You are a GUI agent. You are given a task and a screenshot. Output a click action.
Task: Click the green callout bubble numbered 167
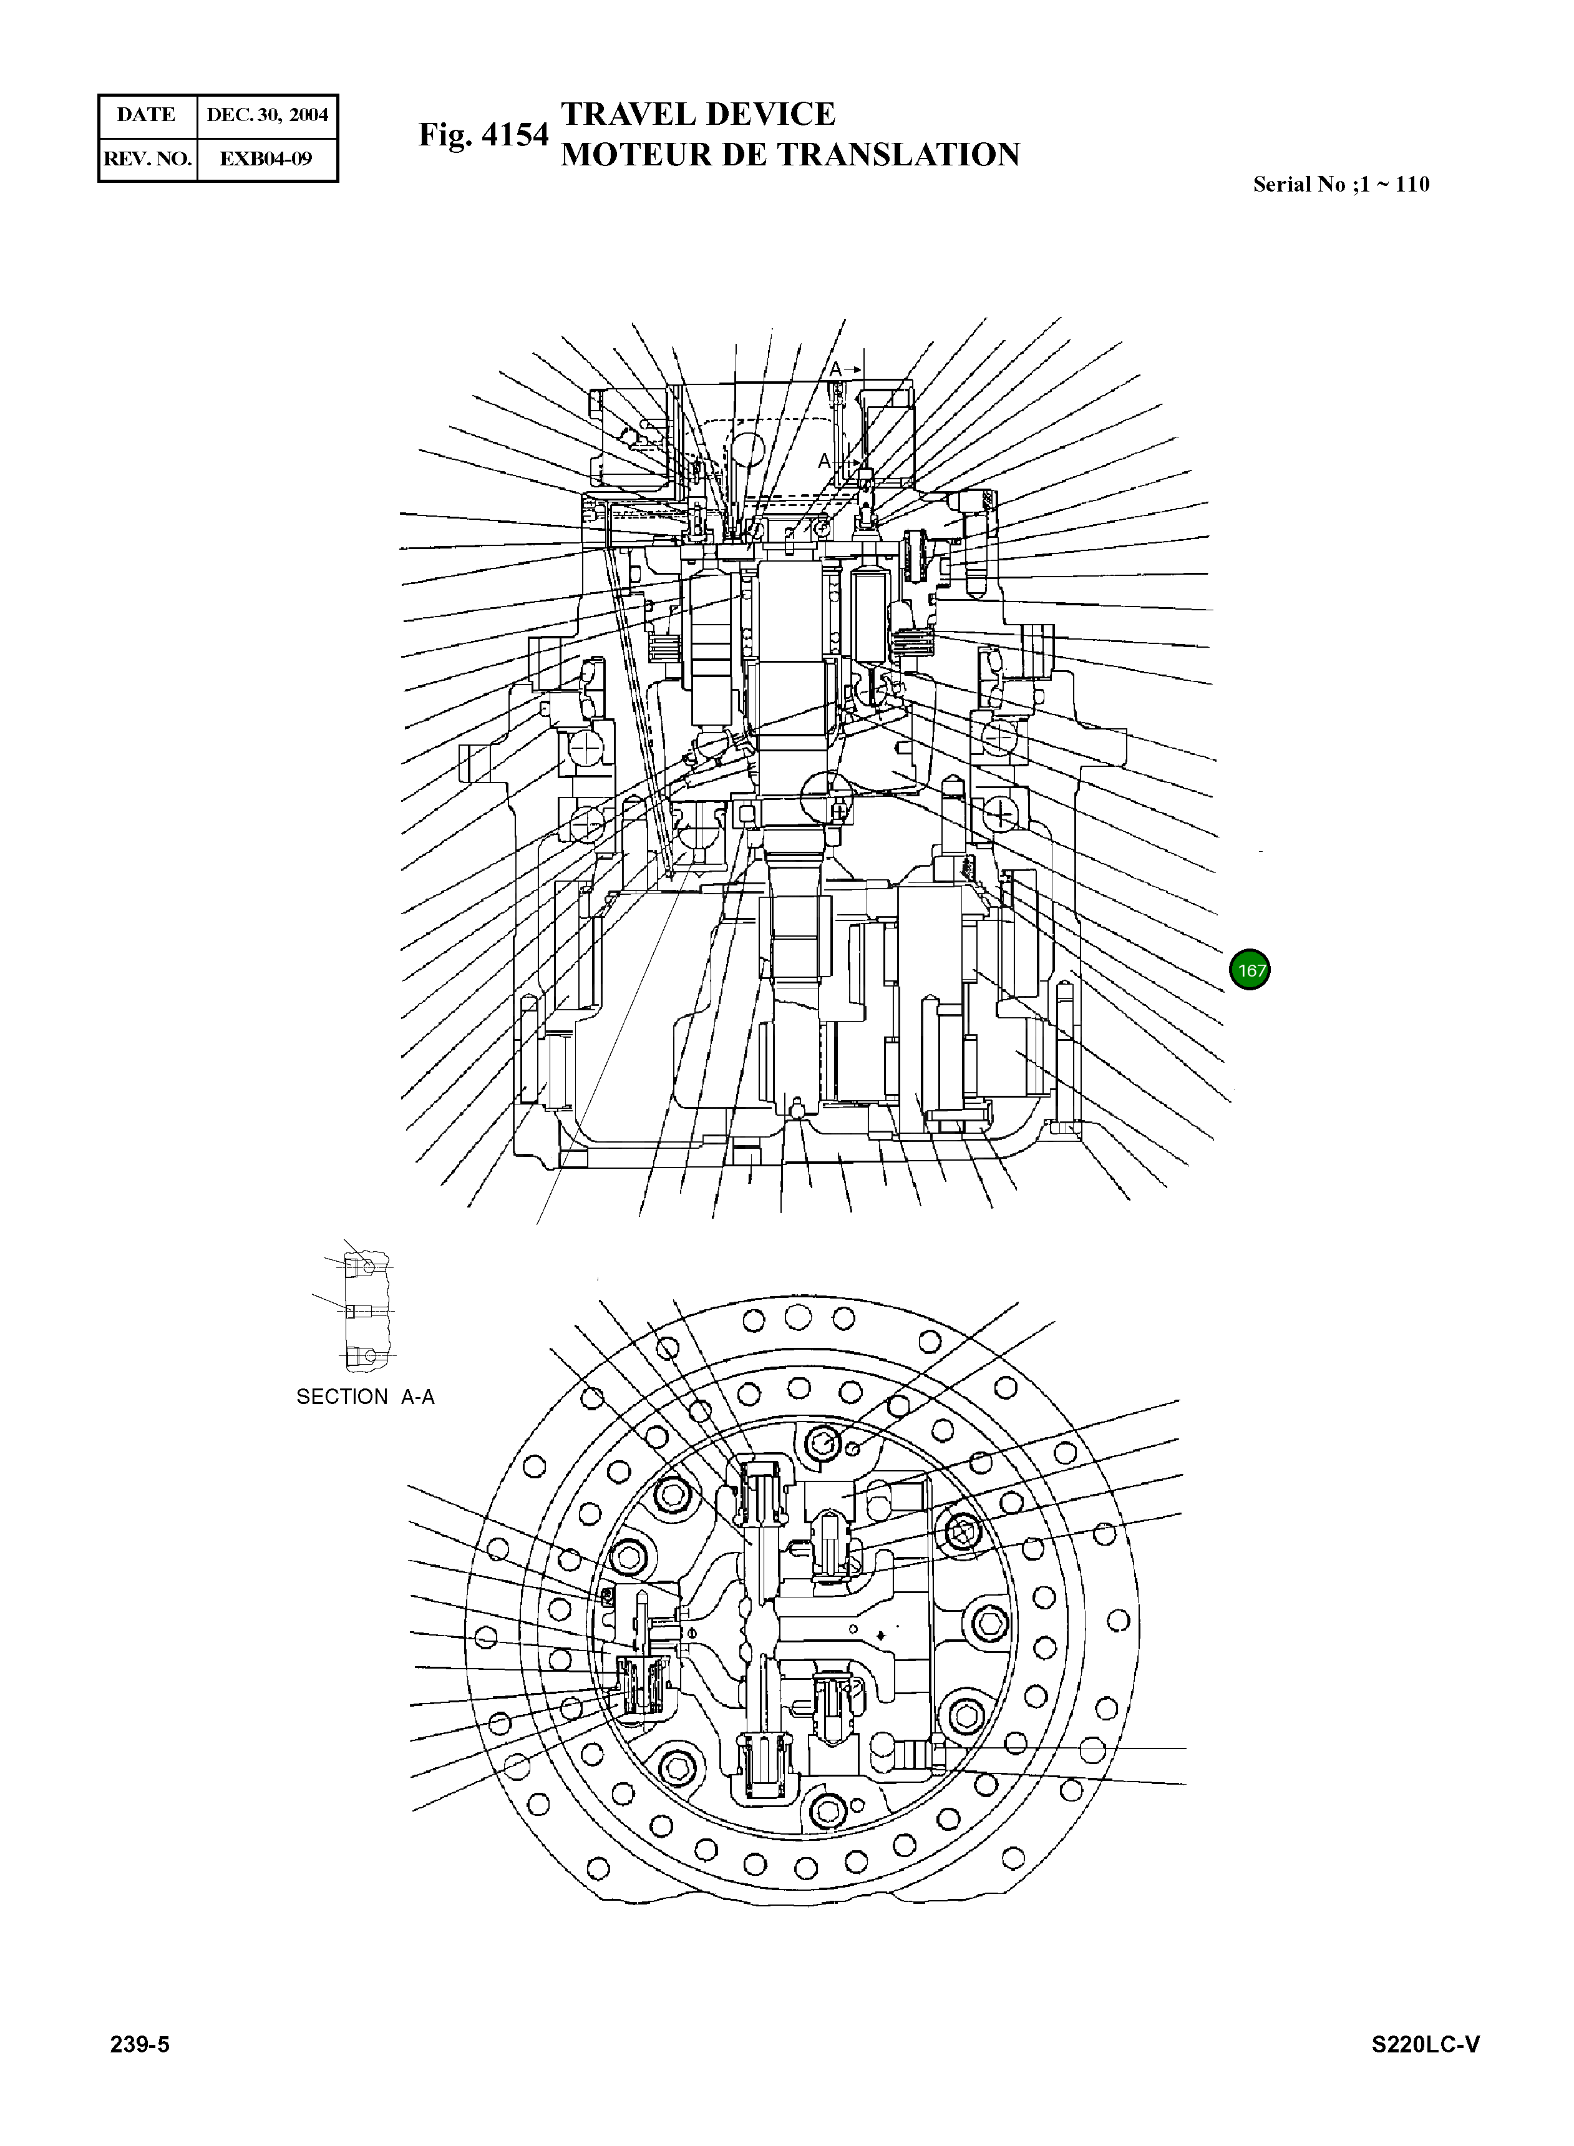pyautogui.click(x=1250, y=970)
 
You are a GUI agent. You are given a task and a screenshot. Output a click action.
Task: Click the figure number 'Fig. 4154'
pyautogui.click(x=483, y=135)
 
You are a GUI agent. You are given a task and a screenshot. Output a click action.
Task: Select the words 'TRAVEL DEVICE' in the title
pyautogui.click(x=697, y=114)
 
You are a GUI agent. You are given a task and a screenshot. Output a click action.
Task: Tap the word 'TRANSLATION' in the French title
pyautogui.click(x=902, y=154)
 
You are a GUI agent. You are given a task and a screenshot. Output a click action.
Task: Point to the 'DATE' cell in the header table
pyautogui.click(x=147, y=115)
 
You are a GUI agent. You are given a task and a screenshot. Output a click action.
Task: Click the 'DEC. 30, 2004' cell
pyautogui.click(x=268, y=115)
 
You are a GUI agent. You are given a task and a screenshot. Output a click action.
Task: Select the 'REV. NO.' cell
pyautogui.click(x=147, y=158)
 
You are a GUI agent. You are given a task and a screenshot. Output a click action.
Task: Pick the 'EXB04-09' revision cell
pyautogui.click(x=267, y=158)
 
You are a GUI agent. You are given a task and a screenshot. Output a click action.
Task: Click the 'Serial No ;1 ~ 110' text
pyautogui.click(x=1341, y=185)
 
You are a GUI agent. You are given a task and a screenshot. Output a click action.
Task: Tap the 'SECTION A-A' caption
pyautogui.click(x=365, y=1397)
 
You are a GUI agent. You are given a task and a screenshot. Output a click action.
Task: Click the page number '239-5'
pyautogui.click(x=140, y=2044)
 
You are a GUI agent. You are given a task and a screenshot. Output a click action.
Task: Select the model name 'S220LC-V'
pyautogui.click(x=1426, y=2044)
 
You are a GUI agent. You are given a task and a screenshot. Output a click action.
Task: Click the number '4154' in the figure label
pyautogui.click(x=515, y=135)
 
